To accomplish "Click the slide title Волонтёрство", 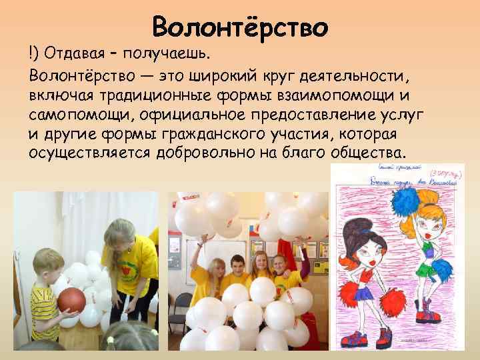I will [240, 27].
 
